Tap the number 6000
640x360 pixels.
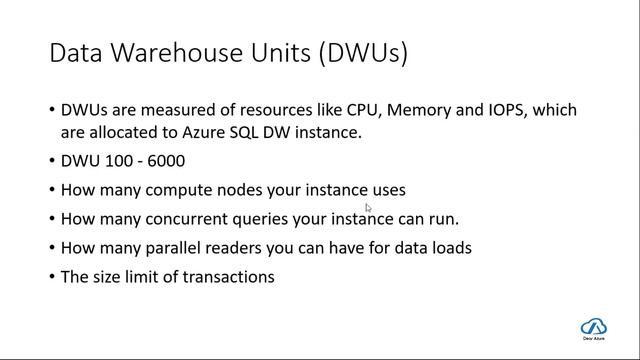[165, 160]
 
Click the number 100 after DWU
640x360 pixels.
[113, 160]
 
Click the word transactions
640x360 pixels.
[228, 276]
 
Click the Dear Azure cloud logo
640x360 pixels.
[594, 328]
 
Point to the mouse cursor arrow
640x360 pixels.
[369, 209]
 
